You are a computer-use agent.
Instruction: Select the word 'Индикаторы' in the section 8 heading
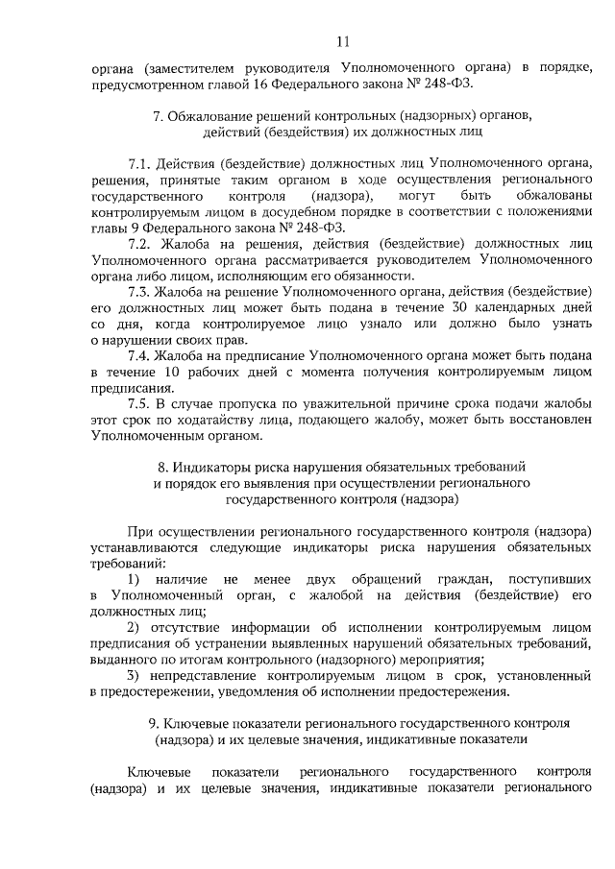(224, 467)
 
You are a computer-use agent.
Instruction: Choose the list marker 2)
(134, 626)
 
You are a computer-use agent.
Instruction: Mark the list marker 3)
(134, 675)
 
